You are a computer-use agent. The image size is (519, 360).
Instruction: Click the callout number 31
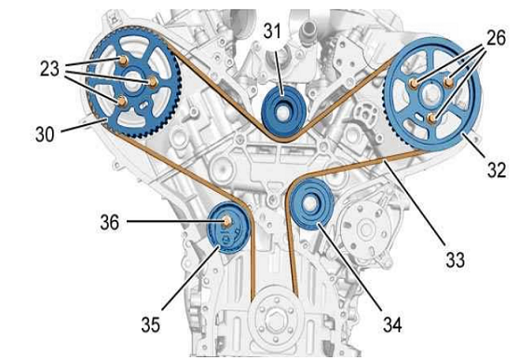272,31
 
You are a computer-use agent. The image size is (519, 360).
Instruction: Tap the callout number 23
49,69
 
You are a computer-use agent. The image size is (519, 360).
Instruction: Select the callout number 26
496,37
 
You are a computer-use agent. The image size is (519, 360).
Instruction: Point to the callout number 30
45,134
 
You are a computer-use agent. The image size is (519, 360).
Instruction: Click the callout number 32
497,170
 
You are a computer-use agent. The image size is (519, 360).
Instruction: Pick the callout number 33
456,259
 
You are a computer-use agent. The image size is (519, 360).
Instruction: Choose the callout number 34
393,325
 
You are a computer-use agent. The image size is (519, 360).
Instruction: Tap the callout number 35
151,325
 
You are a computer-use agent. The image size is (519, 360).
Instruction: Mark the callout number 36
110,222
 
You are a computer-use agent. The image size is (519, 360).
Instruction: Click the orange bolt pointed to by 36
227,221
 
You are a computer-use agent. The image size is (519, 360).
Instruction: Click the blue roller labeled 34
311,204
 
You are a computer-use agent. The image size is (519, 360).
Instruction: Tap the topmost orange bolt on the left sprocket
123,61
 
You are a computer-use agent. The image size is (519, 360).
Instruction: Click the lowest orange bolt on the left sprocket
122,101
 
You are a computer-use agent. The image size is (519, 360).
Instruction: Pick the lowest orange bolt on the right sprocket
432,118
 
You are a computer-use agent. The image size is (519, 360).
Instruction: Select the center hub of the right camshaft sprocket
430,94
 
